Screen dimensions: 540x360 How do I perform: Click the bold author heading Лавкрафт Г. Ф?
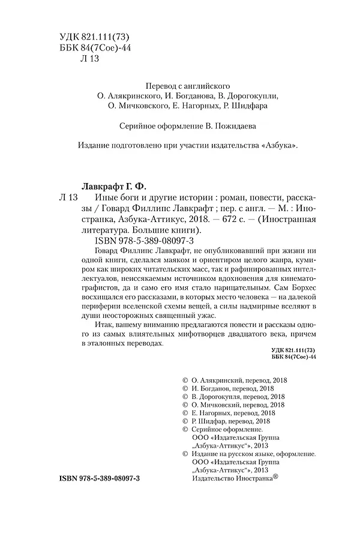click(113, 185)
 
